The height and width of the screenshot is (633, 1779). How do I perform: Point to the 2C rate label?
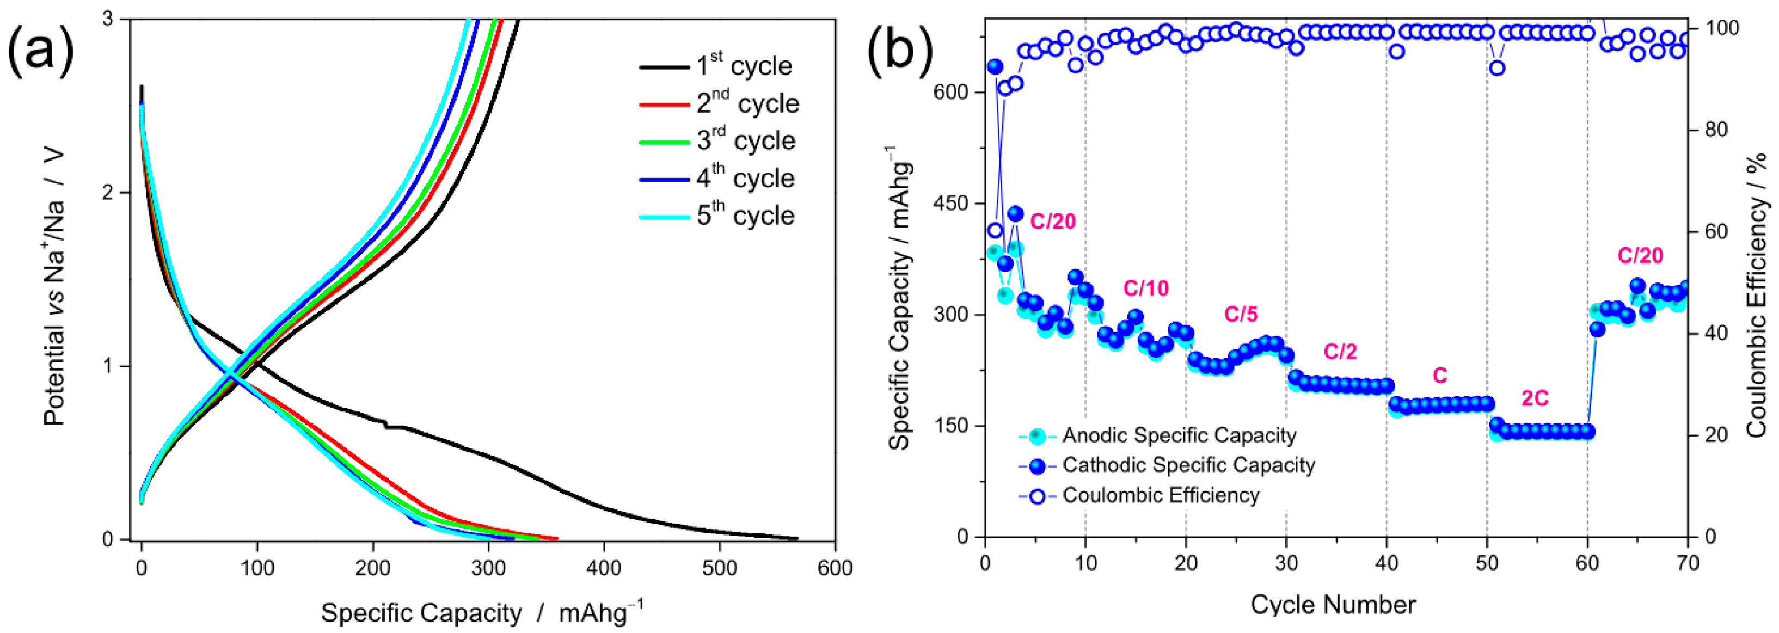1535,398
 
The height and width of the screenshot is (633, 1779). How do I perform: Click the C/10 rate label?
1146,288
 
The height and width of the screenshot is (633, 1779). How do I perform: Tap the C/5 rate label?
1241,315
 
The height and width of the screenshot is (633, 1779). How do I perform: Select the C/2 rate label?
1340,352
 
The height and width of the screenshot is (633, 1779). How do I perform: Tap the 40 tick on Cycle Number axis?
1386,563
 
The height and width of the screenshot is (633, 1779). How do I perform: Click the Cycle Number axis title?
1332,605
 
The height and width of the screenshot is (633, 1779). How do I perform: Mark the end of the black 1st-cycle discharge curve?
797,538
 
